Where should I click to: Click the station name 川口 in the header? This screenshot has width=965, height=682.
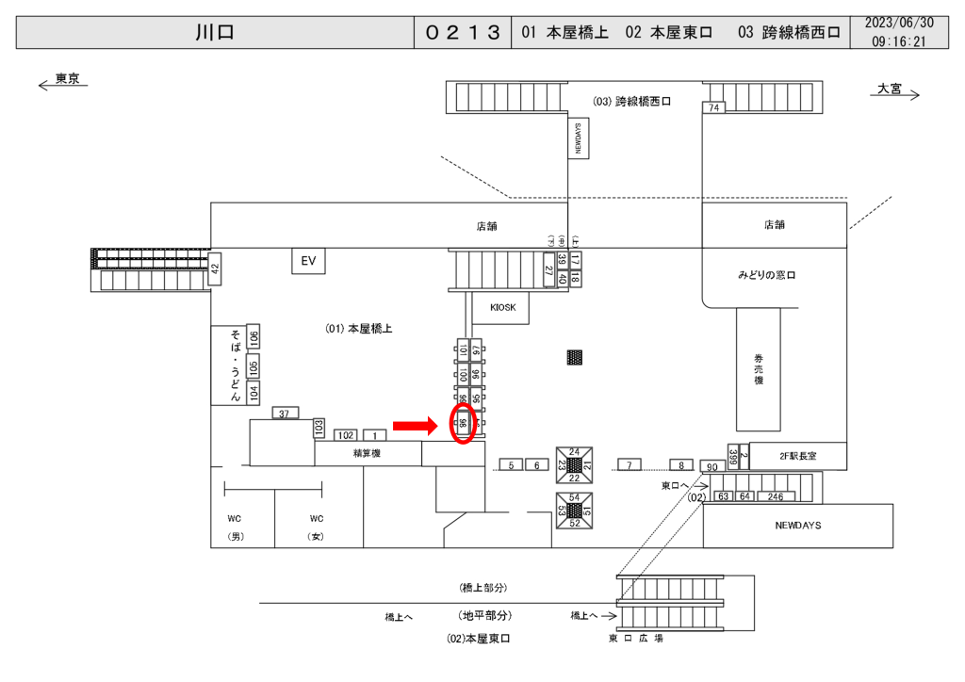click(215, 33)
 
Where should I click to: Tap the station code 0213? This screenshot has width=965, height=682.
click(462, 33)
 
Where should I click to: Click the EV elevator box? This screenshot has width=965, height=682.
click(308, 261)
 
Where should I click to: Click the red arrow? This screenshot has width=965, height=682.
click(416, 427)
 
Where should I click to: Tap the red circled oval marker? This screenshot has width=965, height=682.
click(463, 426)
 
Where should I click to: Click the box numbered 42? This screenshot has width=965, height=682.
click(214, 269)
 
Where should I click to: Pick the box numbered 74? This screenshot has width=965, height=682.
click(714, 108)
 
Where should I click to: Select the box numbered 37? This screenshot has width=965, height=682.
click(285, 413)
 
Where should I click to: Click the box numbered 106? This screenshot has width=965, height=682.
click(254, 337)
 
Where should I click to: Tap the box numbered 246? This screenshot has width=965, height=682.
click(776, 496)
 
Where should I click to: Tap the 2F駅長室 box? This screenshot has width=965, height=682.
click(797, 456)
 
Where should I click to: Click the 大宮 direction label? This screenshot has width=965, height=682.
click(889, 89)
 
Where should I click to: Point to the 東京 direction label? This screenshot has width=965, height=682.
click(67, 79)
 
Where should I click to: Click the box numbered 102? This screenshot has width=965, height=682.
click(346, 435)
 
